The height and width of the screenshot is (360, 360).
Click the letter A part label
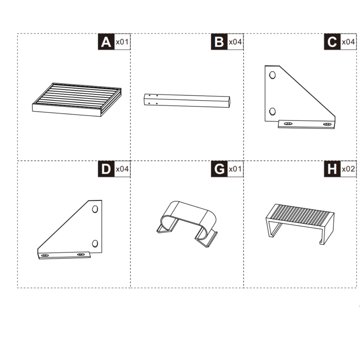pyautogui.click(x=106, y=42)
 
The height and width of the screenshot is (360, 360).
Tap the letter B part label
pyautogui.click(x=219, y=42)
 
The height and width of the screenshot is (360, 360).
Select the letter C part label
pyautogui.click(x=332, y=42)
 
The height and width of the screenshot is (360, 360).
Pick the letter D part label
pyautogui.click(x=106, y=169)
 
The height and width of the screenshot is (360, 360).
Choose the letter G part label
pyautogui.click(x=219, y=169)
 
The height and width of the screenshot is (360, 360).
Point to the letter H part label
pyautogui.click(x=332, y=169)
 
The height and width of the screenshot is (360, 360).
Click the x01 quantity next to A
pyautogui.click(x=122, y=42)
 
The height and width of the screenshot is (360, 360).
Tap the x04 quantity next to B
pyautogui.click(x=235, y=42)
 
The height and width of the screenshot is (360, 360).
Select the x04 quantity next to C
pyautogui.click(x=348, y=42)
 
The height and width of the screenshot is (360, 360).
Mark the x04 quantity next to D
pyautogui.click(x=122, y=169)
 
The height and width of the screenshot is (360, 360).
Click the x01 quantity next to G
pyautogui.click(x=235, y=169)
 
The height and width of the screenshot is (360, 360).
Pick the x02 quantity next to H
pyautogui.click(x=348, y=169)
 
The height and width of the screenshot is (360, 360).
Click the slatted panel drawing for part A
pyautogui.click(x=77, y=99)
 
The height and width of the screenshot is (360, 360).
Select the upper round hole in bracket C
pyautogui.click(x=272, y=75)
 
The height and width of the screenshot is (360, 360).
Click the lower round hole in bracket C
pyautogui.click(x=272, y=111)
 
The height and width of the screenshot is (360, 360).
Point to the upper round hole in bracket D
pyautogui.click(x=95, y=209)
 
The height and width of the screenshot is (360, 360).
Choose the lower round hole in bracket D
pyautogui.click(x=95, y=243)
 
